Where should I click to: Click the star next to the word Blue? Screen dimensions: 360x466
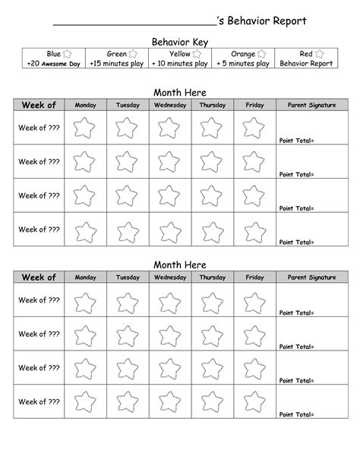tap(67, 54)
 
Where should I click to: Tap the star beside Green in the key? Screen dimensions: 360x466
tap(134, 54)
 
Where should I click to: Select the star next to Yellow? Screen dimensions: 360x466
tap(197, 54)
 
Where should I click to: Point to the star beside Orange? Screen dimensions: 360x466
tap(262, 54)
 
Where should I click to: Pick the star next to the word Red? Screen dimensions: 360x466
tap(320, 54)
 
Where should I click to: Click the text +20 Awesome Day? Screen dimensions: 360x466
tap(53, 64)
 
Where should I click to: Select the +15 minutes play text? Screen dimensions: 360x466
tap(116, 64)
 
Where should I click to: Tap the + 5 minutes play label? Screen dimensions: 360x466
tap(242, 64)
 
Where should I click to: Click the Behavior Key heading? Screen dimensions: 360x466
tap(180, 42)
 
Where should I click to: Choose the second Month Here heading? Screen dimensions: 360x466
tap(180, 264)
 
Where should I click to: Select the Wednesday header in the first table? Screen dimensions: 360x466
tap(170, 105)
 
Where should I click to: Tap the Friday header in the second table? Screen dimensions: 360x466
tap(254, 277)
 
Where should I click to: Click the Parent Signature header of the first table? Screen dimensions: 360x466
tap(307, 105)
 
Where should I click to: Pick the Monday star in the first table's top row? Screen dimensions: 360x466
tap(84, 128)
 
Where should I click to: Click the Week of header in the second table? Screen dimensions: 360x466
tap(39, 277)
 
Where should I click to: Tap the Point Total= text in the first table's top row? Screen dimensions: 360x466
tap(296, 141)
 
